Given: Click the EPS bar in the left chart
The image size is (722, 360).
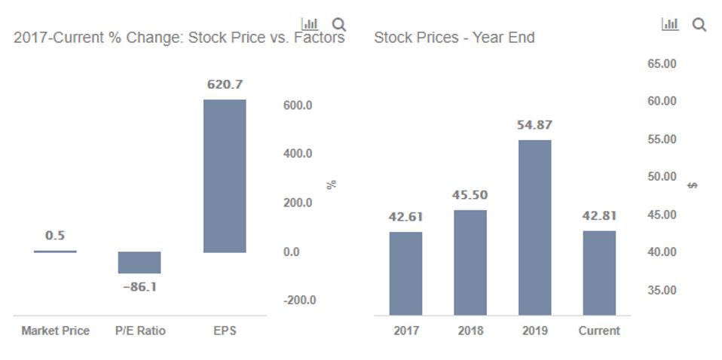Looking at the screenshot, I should [x=225, y=175].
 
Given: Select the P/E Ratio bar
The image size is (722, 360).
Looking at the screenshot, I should [x=139, y=262].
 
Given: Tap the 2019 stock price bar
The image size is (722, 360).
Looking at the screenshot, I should [x=534, y=227].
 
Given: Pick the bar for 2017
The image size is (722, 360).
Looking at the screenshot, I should [x=405, y=273].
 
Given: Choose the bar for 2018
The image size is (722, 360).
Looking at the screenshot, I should [x=470, y=262].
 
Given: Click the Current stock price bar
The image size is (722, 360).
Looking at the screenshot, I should [x=599, y=272].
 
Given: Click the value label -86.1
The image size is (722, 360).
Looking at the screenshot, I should [x=139, y=287].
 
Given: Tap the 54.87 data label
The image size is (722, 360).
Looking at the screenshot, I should [x=534, y=125].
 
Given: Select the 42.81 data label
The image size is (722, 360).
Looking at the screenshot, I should [x=599, y=216].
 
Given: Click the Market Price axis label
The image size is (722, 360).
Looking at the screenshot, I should [x=55, y=331].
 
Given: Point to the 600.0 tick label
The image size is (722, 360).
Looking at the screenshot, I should [x=298, y=105].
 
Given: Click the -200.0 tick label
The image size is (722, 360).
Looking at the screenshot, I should [x=299, y=301].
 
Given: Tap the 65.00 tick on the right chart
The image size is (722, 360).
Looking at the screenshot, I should [x=662, y=64].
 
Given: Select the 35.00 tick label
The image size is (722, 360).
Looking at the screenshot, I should [x=662, y=290].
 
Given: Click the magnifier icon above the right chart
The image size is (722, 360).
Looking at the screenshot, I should [x=699, y=25].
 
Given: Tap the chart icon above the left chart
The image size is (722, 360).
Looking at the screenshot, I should [x=309, y=25].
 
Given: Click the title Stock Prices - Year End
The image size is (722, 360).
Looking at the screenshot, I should [x=454, y=37].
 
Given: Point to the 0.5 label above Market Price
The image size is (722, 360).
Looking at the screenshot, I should [x=55, y=236].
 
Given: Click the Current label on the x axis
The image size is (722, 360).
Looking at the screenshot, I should [x=599, y=331].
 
